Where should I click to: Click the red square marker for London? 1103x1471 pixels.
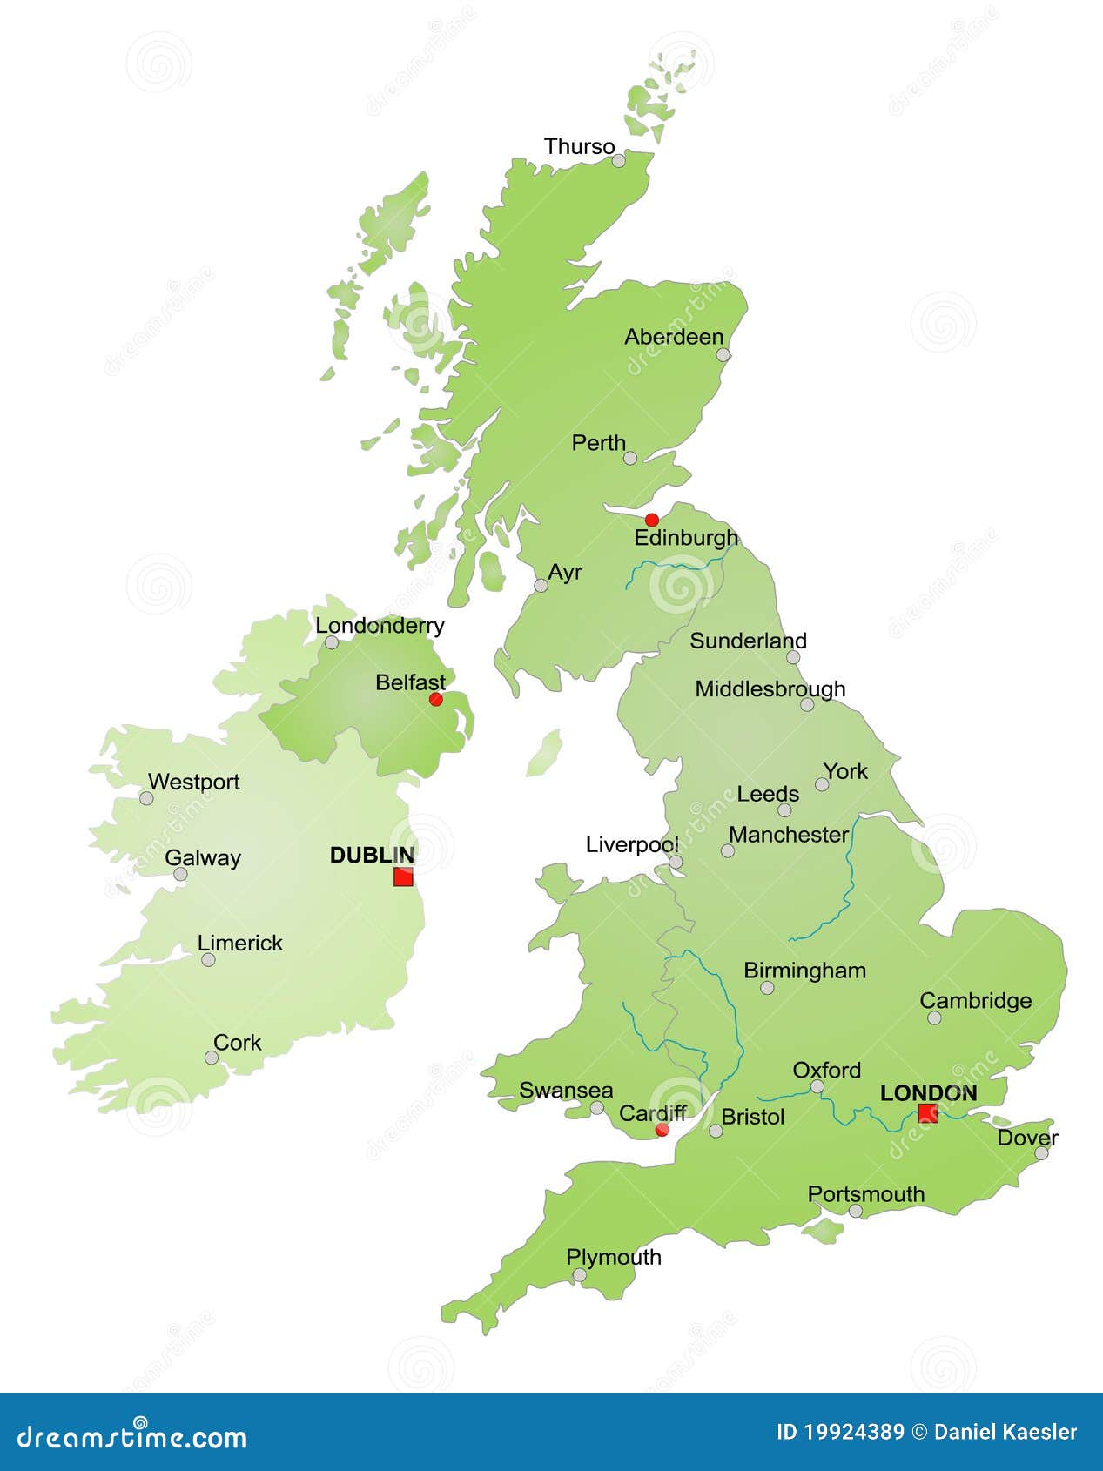[927, 1112]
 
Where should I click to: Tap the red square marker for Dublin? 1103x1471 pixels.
[403, 877]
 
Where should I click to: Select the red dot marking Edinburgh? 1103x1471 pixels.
[651, 520]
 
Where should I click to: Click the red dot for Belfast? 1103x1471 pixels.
[436, 699]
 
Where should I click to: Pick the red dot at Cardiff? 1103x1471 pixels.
[662, 1130]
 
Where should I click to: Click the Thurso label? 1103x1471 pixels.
[579, 146]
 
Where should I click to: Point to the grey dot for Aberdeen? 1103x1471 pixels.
[723, 354]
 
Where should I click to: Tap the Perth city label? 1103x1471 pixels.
[598, 443]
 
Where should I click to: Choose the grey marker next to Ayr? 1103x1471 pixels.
[541, 586]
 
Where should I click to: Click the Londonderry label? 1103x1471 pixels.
[380, 625]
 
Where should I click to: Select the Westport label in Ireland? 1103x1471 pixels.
[193, 782]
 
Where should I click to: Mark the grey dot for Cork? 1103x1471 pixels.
[212, 1058]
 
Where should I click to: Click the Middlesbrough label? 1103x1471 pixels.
[770, 689]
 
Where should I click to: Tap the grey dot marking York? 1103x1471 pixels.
[822, 784]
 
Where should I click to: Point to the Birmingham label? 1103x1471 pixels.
[804, 971]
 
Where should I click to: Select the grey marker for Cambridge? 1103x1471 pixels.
[934, 1018]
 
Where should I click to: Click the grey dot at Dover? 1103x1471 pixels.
[1041, 1153]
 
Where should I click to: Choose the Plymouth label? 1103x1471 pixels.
[614, 1257]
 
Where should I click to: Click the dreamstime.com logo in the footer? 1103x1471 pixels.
[132, 1436]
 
